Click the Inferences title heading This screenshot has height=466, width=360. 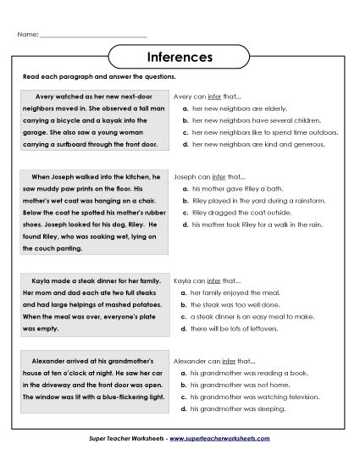(x=180, y=58)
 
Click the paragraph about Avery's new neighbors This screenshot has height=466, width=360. (x=96, y=125)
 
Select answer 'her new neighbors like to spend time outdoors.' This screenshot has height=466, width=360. (x=259, y=133)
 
